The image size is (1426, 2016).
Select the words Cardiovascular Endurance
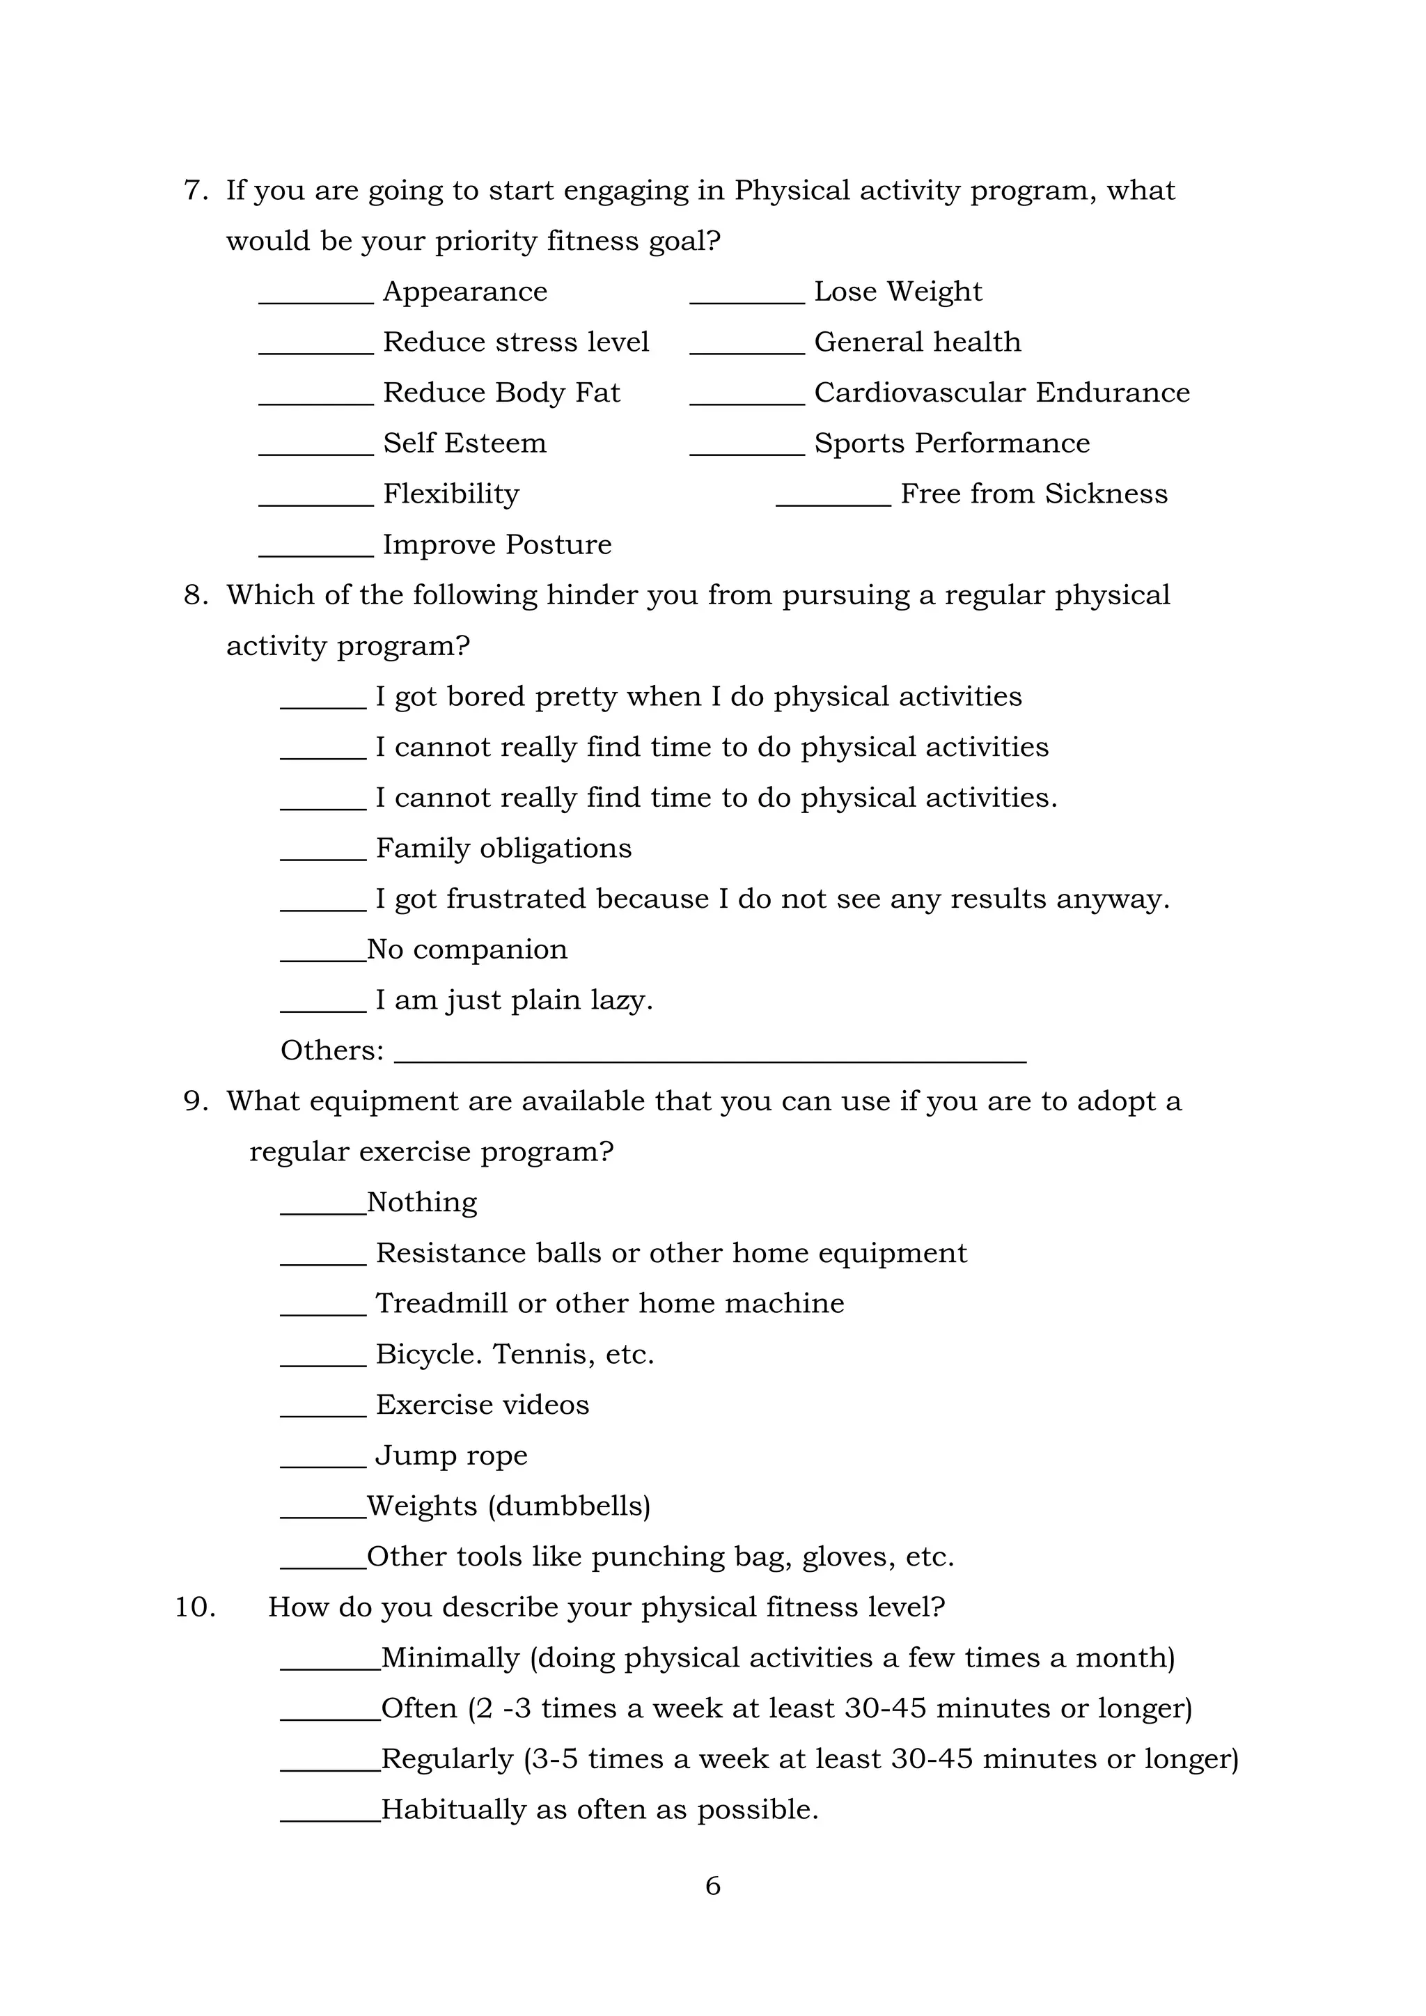pyautogui.click(x=1002, y=393)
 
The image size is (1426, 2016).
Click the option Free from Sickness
pyautogui.click(x=1033, y=494)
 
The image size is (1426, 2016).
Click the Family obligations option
pyautogui.click(x=503, y=848)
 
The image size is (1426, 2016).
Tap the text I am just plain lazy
pyautogui.click(x=514, y=1000)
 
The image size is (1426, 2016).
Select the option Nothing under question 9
pyautogui.click(x=421, y=1202)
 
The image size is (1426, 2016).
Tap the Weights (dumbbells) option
pyautogui.click(x=508, y=1506)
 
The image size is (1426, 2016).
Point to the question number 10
pyautogui.click(x=195, y=1607)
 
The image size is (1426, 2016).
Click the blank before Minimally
pyautogui.click(x=330, y=1667)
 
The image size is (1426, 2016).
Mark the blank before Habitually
pyautogui.click(x=330, y=1818)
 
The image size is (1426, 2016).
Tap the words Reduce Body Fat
pyautogui.click(x=501, y=393)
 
